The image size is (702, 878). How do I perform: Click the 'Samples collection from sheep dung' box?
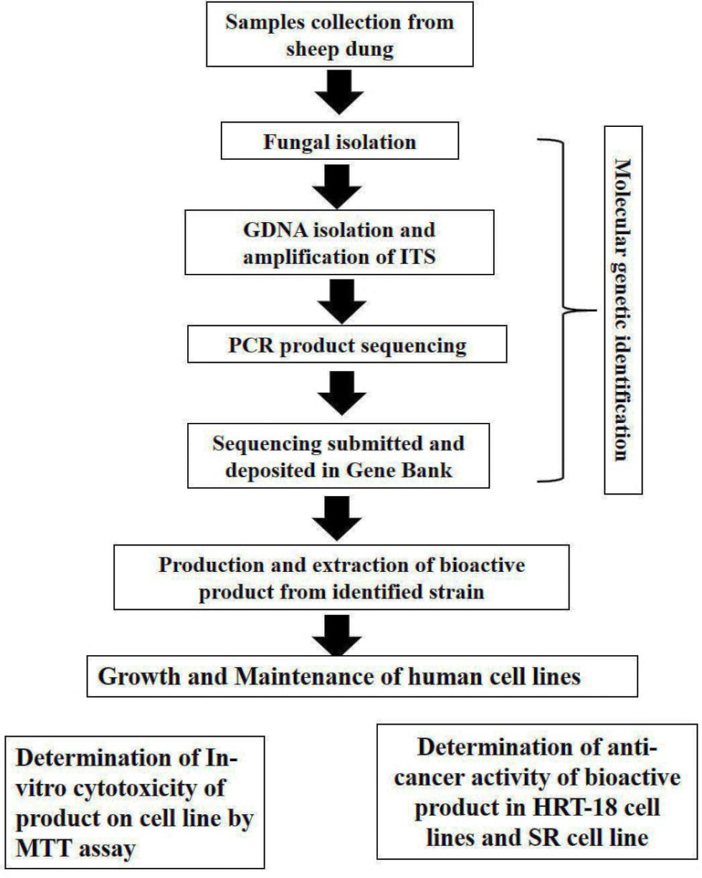coord(340,34)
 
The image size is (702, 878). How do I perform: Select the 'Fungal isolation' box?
coord(340,140)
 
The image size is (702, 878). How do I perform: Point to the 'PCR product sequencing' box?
coord(347,344)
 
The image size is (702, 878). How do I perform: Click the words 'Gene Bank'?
coord(399,470)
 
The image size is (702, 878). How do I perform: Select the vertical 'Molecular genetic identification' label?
coord(623,310)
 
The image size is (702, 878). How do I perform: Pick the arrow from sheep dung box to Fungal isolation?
coord(338,92)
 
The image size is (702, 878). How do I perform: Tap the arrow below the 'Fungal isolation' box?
coord(337,187)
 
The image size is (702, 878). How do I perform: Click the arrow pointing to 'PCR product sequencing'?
coord(342,302)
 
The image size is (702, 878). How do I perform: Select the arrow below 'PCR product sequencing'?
coord(342,393)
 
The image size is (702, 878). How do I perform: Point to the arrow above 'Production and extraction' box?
coord(337,519)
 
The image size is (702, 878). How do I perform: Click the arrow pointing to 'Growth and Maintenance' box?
coord(337,635)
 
